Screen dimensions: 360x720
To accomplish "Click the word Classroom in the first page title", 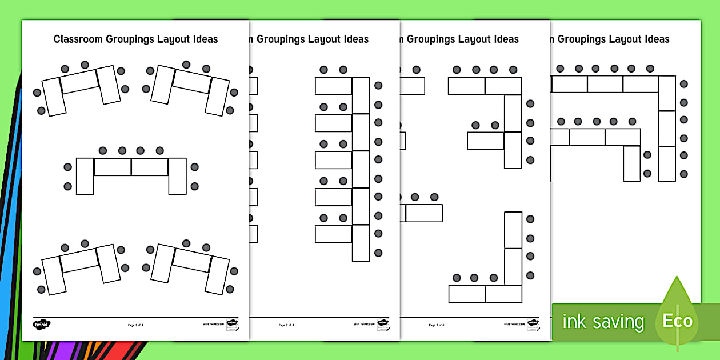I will click(x=77, y=39).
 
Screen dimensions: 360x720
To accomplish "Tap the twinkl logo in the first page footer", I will click(x=42, y=325).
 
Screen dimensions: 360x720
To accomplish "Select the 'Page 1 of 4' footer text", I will click(x=135, y=325).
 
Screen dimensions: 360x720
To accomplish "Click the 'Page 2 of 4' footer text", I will click(x=286, y=325).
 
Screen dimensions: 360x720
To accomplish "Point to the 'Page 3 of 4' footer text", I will click(x=437, y=325).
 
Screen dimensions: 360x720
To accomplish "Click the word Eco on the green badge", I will click(x=677, y=321).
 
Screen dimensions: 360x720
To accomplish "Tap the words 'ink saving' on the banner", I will click(x=603, y=322).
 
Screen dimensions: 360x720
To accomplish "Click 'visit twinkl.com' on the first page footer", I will click(x=213, y=325).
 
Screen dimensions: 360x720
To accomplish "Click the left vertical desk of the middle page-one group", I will click(x=85, y=176).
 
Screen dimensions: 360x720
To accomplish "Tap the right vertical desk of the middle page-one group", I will click(x=177, y=176).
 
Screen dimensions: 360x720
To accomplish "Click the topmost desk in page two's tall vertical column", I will click(x=361, y=95).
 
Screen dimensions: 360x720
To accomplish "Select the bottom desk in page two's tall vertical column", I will click(x=361, y=243).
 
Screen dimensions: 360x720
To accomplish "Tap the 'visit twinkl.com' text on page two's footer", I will click(x=363, y=325).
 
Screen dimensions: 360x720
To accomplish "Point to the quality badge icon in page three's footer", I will click(x=533, y=325).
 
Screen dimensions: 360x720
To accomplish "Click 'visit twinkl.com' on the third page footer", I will click(x=514, y=325).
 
